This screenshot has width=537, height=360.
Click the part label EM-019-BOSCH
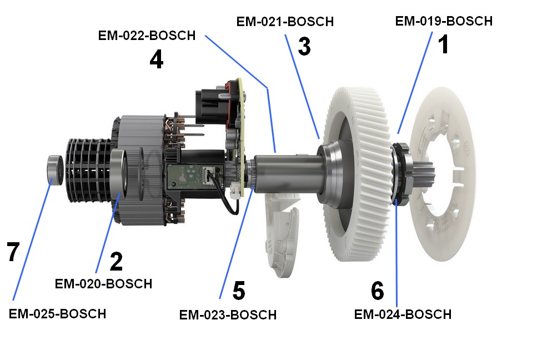pos(444,21)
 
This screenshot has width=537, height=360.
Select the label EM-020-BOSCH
pos(103,284)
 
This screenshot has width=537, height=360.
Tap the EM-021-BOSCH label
pos(285,22)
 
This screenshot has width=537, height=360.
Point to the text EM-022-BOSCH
pos(147,36)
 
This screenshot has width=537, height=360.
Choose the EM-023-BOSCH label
pos(228,315)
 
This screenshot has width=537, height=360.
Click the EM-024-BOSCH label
pos(403,314)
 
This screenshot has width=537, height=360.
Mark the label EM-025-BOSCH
pos(57,314)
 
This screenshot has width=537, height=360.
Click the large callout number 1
pos(444,44)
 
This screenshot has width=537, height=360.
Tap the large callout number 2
pos(117,261)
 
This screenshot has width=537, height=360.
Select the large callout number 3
pos(304,46)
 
